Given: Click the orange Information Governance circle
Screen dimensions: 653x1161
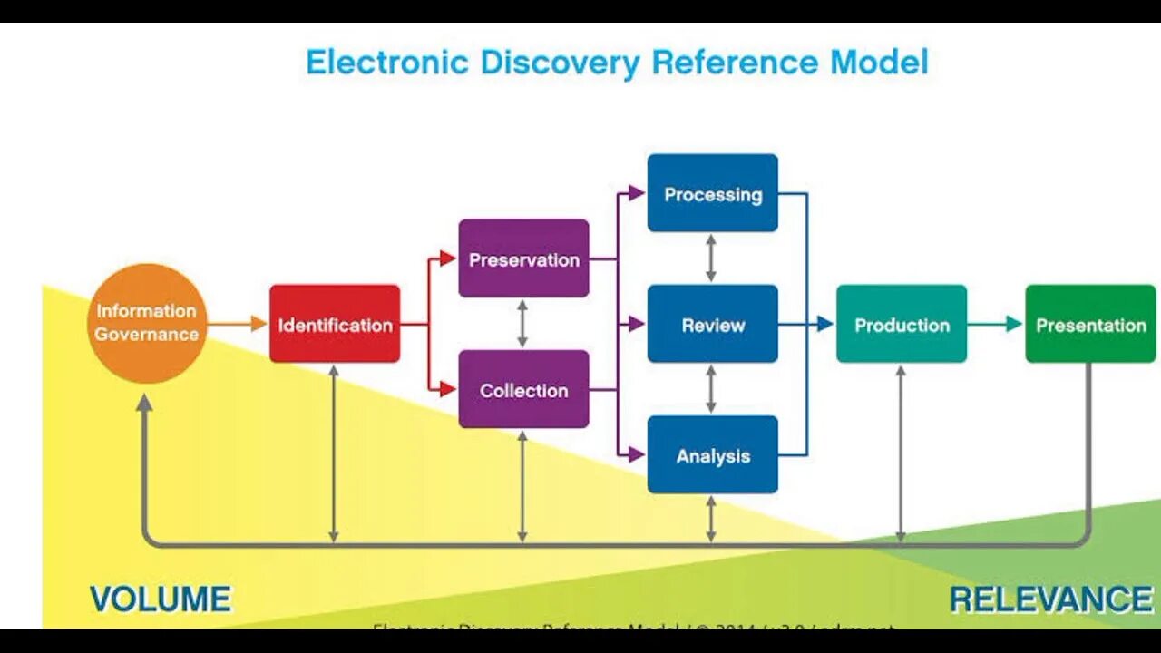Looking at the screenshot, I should (x=147, y=323).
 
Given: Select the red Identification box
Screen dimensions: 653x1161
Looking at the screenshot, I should (x=335, y=324).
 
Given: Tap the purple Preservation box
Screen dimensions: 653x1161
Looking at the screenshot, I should (x=523, y=258).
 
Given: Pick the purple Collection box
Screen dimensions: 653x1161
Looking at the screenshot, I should (x=523, y=389).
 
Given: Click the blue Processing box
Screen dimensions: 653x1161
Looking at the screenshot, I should (x=712, y=193).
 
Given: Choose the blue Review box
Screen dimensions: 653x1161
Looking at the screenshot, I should (x=712, y=324).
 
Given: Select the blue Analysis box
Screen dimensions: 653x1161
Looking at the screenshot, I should (x=712, y=454).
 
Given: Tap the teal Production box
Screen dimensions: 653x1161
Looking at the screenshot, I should (x=902, y=324).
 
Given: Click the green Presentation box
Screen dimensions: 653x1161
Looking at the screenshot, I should (x=1090, y=324).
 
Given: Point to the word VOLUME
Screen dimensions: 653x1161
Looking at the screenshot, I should (x=161, y=599).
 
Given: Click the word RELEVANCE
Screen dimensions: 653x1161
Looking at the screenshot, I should (x=1050, y=599).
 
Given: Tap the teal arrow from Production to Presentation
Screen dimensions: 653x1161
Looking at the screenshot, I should (x=995, y=324).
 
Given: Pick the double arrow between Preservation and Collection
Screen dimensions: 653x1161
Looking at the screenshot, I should (x=522, y=324).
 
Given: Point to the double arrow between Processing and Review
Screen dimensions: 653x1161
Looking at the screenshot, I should (x=711, y=258).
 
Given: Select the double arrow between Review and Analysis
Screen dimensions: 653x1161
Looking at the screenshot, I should (x=711, y=389).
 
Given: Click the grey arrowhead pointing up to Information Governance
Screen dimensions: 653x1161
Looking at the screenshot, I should (x=144, y=404).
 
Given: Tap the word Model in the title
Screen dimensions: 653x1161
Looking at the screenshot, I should (x=879, y=63).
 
